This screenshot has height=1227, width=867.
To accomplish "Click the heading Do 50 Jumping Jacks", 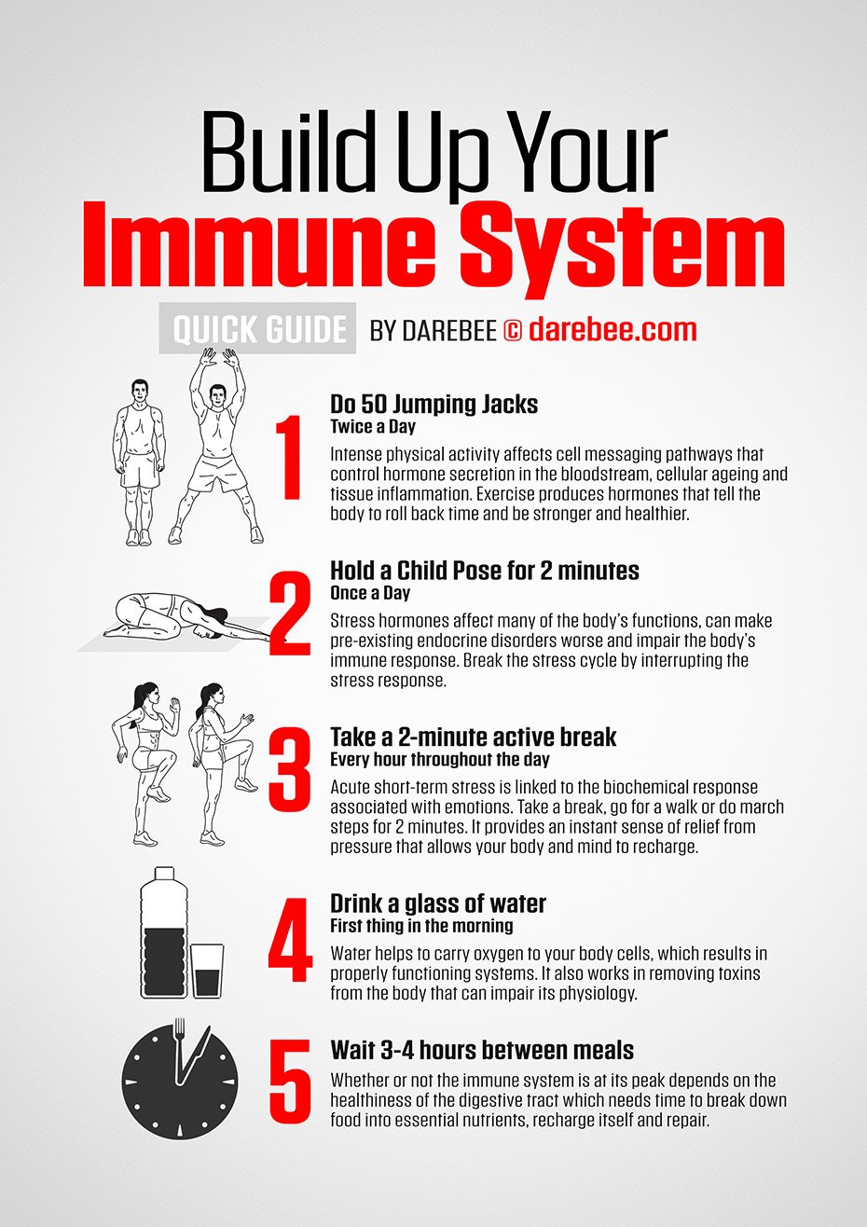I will [x=433, y=405].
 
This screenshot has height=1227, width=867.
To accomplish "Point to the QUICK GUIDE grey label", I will [x=259, y=329].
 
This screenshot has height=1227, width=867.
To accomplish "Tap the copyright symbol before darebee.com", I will [x=513, y=330].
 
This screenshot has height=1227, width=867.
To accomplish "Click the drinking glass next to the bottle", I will [x=208, y=970].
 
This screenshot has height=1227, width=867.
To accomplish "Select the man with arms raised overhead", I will [x=217, y=448].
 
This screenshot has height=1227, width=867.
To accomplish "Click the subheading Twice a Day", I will [x=372, y=427].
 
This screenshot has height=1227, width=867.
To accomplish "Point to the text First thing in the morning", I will [x=421, y=926].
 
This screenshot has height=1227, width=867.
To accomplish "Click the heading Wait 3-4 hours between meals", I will [x=482, y=1051].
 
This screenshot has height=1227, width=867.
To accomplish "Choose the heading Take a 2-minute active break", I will [x=473, y=737].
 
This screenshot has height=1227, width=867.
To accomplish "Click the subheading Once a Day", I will [x=370, y=593].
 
